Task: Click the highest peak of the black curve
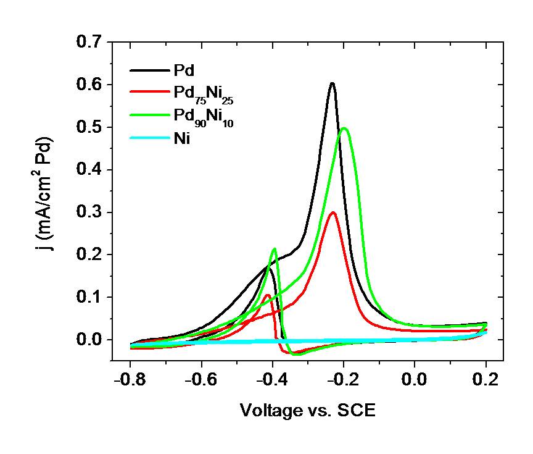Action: [x=332, y=83]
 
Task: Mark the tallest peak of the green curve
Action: [x=344, y=128]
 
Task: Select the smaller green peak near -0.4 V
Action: [x=275, y=249]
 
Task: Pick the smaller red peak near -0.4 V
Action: [x=266, y=295]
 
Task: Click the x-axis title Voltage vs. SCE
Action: [x=307, y=410]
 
